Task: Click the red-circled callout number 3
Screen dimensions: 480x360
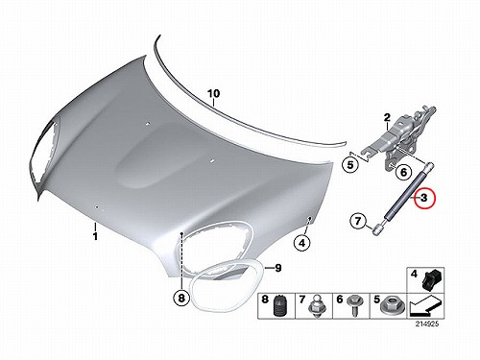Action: [423, 198]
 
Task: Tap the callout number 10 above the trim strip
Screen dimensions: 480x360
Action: [213, 94]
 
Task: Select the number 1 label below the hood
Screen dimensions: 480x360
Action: [95, 237]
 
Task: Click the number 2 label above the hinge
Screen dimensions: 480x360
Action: [387, 118]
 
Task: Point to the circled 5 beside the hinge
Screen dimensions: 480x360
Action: [350, 165]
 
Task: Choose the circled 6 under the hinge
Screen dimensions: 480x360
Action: [403, 172]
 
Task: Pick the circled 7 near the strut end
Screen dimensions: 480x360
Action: [358, 221]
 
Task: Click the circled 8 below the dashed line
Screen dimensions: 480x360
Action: [181, 299]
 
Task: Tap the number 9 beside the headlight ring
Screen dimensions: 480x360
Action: [277, 268]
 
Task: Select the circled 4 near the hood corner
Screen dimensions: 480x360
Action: [302, 244]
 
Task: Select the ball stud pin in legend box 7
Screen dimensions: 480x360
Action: [314, 306]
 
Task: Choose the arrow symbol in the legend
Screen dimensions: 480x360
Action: [425, 306]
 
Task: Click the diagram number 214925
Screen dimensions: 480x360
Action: [427, 324]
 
